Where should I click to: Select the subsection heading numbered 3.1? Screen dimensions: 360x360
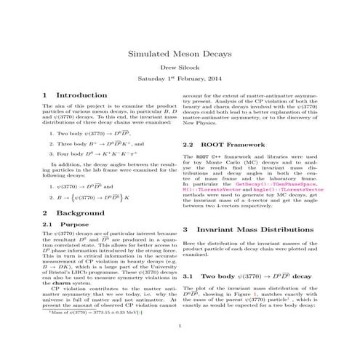point(247,277)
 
